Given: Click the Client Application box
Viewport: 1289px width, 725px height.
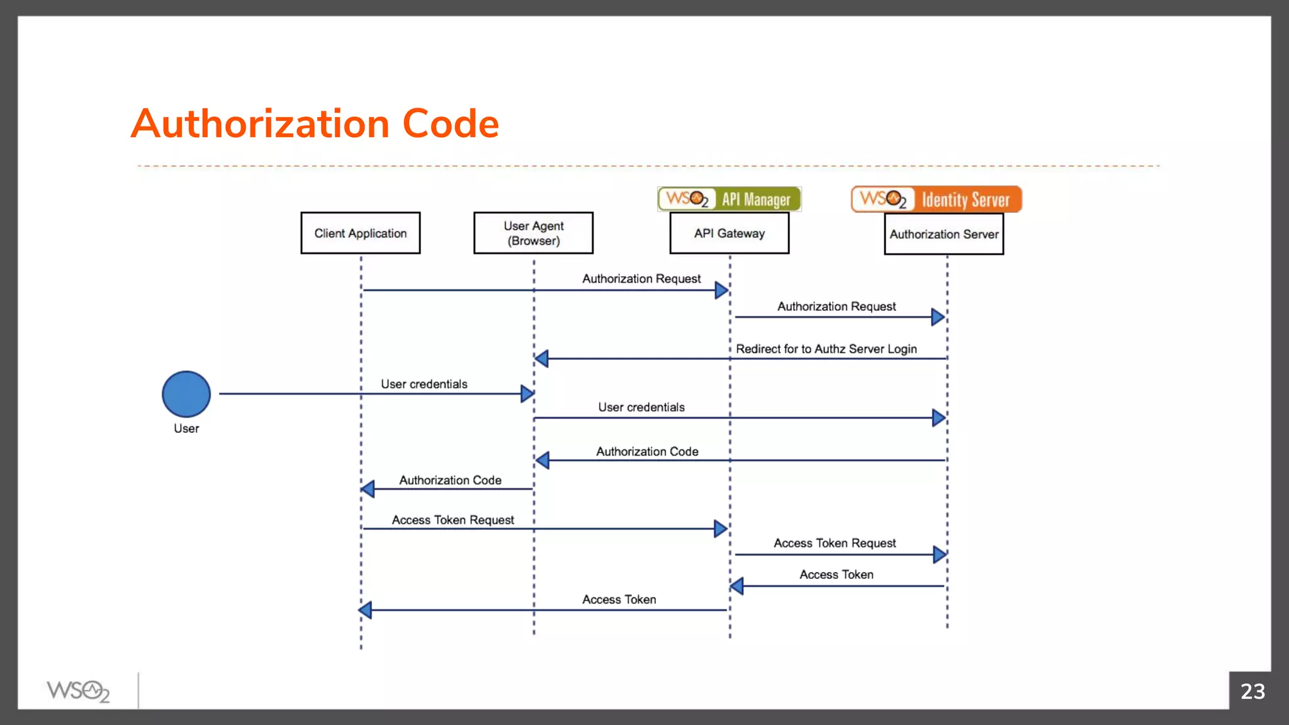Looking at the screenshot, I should (360, 233).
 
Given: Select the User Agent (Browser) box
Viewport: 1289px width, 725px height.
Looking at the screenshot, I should (533, 233).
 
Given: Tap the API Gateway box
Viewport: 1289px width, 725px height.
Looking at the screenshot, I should (729, 233).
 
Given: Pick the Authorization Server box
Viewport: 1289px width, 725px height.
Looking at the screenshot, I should (943, 234).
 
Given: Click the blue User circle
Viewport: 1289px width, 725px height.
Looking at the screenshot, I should (186, 394).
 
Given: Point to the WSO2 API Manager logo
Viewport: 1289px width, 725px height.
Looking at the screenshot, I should (729, 199).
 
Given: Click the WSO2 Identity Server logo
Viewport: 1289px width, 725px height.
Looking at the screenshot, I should (936, 199).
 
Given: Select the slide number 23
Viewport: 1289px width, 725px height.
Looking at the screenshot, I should (1252, 691).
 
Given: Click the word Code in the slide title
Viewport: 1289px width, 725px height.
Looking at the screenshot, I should (450, 123).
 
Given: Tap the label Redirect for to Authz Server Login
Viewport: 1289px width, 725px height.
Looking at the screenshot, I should (826, 349).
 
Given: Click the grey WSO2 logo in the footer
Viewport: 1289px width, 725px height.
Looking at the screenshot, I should (78, 691).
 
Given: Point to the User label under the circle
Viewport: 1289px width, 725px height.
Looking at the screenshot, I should (186, 429).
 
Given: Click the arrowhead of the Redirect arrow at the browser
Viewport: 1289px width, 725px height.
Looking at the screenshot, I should (541, 359).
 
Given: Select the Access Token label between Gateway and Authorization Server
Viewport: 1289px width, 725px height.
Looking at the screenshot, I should (836, 575).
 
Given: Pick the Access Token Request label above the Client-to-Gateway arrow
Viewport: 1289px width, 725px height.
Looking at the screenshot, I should (453, 520).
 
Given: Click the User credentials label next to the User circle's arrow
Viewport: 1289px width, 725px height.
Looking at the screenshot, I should (424, 384).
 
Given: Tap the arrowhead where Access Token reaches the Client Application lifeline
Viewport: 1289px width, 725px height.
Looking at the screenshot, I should (365, 609).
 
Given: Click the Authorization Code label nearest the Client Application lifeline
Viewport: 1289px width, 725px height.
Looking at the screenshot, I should (450, 480).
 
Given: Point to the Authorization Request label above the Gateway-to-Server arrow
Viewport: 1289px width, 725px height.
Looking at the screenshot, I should (836, 306).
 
